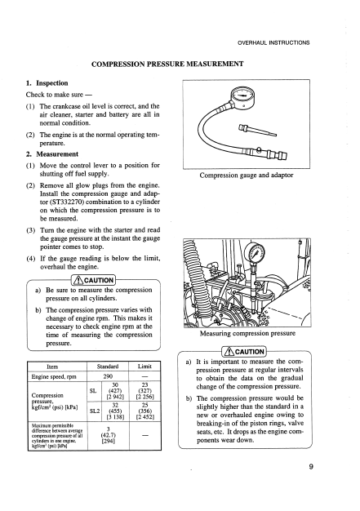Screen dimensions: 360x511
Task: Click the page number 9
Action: [311, 467]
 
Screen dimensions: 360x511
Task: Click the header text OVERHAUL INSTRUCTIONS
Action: [273, 42]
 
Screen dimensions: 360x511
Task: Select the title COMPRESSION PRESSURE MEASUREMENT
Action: [167, 64]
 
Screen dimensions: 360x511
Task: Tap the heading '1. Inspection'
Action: [47, 83]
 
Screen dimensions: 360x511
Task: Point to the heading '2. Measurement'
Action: [52, 154]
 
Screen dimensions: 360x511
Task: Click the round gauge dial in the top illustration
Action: [243, 96]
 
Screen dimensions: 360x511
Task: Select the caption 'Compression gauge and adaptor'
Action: [247, 176]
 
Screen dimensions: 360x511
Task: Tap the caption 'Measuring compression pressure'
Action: [247, 333]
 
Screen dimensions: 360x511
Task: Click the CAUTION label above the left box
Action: [94, 280]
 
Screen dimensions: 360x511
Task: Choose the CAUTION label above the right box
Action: [244, 352]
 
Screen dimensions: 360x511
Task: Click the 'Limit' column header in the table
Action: [144, 367]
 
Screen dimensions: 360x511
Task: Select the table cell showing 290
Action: [108, 376]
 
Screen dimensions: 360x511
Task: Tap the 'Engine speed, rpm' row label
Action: [54, 377]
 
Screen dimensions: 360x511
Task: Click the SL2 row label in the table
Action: [95, 411]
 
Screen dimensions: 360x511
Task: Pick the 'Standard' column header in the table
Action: [108, 367]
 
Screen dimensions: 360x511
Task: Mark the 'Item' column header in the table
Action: [52, 367]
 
